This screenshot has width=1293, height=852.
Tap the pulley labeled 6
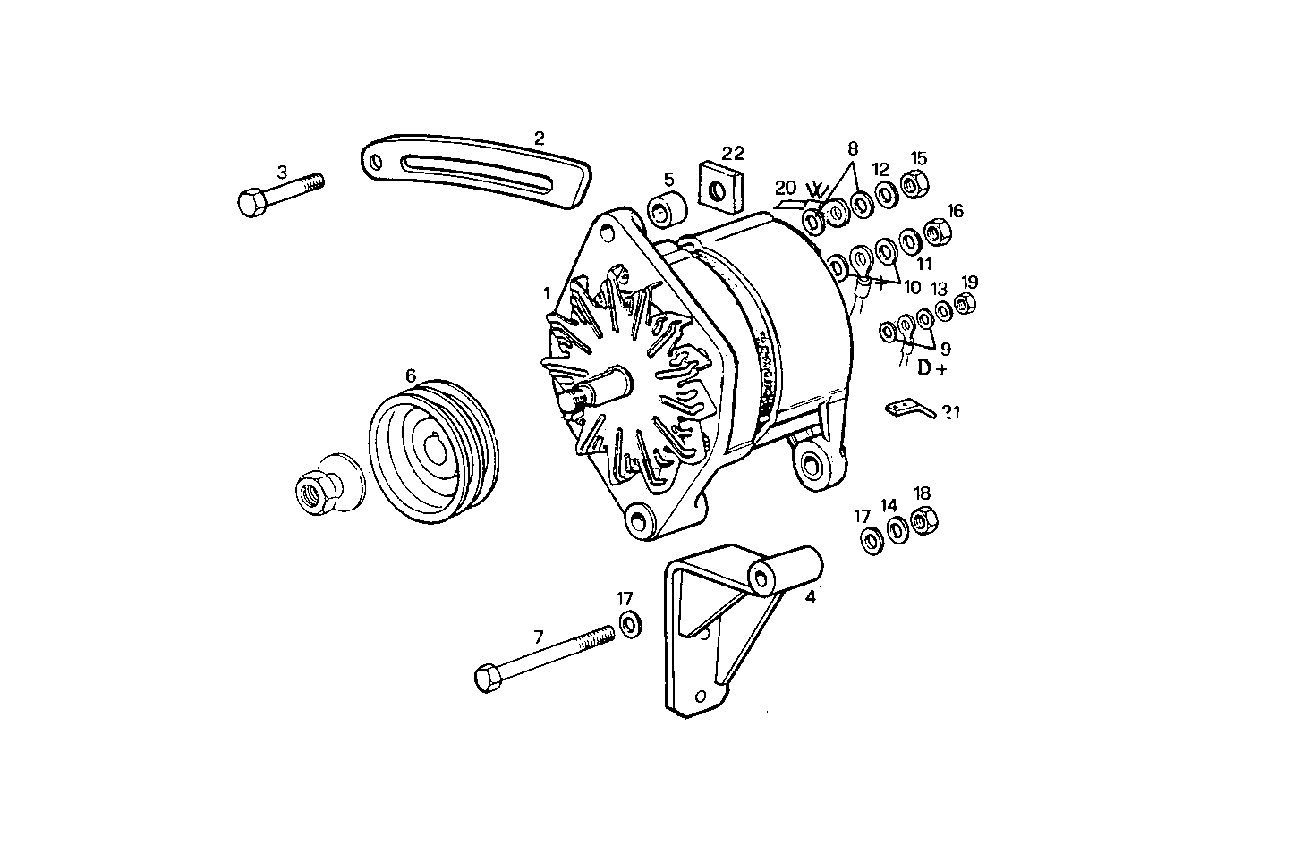(x=434, y=451)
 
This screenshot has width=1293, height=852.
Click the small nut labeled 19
(x=964, y=306)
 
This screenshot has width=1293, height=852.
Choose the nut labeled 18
(x=923, y=522)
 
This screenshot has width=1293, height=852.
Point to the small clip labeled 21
(x=909, y=409)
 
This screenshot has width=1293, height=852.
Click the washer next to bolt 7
(x=630, y=623)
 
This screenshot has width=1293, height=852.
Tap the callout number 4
(x=811, y=597)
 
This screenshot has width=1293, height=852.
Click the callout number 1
(x=546, y=292)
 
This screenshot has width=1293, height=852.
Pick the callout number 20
(x=785, y=188)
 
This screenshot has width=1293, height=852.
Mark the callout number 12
(x=880, y=168)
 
